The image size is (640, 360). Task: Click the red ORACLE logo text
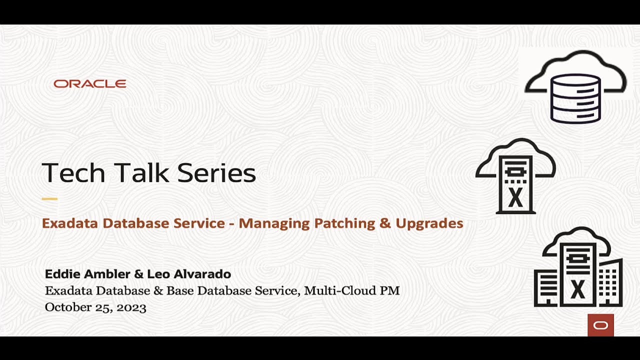(90, 84)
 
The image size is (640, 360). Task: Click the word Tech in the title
(73, 173)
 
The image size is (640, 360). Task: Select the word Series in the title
(216, 173)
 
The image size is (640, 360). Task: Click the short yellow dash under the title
(49, 199)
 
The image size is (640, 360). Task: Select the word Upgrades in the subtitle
(429, 223)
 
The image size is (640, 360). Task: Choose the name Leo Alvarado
(189, 274)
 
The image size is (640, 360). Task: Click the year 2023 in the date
(131, 307)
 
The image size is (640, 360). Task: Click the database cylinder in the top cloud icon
(575, 98)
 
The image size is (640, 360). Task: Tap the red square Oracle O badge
(600, 325)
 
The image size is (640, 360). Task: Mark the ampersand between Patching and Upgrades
(385, 223)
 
